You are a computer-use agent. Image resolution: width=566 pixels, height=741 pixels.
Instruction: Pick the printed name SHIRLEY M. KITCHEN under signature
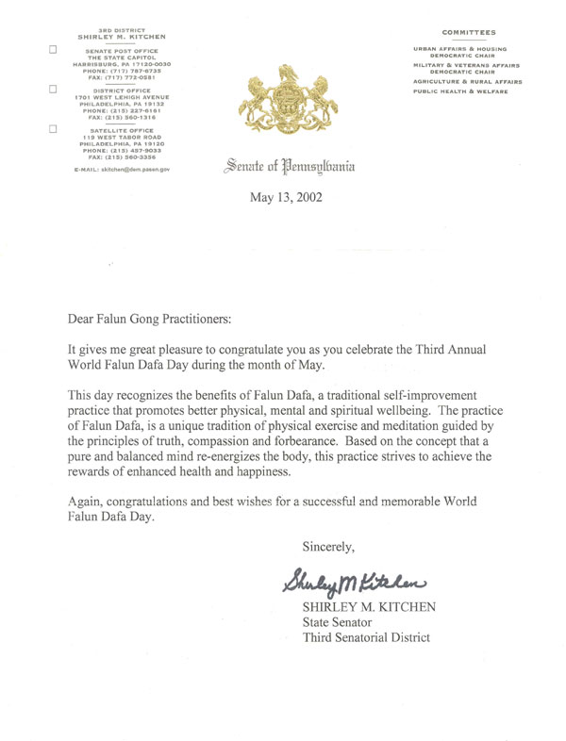(368, 606)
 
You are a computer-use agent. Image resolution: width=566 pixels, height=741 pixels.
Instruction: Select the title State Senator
(335, 622)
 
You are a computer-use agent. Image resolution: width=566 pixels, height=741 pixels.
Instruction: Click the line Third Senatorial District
(366, 638)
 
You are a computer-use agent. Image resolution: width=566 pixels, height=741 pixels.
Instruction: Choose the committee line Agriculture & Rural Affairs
(467, 81)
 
